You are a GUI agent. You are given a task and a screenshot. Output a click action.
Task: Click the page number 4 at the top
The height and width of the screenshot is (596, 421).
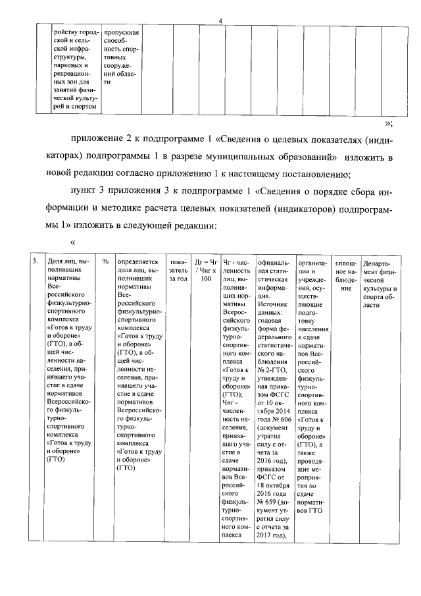[x=220, y=21]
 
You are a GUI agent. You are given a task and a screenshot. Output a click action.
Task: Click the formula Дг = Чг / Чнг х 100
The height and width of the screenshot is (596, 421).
[x=206, y=270]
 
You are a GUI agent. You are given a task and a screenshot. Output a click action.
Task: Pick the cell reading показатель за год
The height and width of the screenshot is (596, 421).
[x=178, y=270]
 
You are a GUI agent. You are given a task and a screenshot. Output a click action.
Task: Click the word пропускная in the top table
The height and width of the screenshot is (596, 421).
[x=120, y=32]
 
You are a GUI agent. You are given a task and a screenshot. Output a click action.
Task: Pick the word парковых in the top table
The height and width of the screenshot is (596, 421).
[x=67, y=67]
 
